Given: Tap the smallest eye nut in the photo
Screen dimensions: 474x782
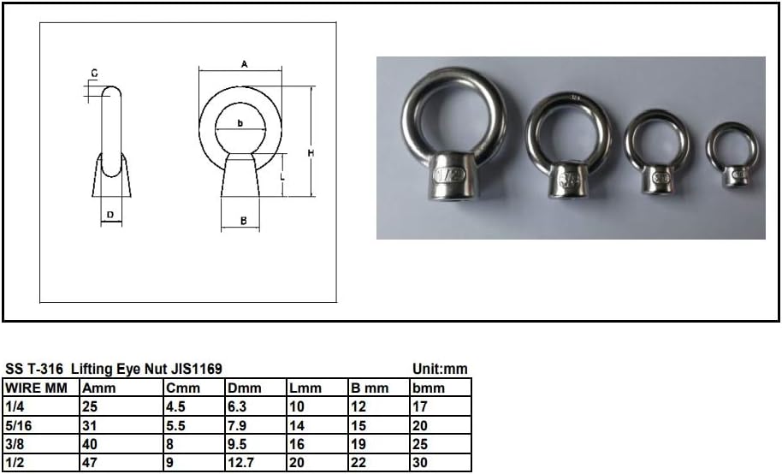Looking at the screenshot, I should click(x=733, y=155).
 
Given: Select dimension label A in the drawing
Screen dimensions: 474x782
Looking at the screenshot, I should click(x=244, y=64).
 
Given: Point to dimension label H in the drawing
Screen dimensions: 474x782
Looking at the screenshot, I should click(x=311, y=152).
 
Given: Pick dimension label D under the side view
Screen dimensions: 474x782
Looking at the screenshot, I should click(x=110, y=214).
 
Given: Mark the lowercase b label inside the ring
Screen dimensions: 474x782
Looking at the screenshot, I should click(x=240, y=123).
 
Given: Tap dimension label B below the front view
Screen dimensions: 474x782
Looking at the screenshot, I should click(x=244, y=221).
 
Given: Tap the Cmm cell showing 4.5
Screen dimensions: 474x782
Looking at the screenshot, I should click(x=176, y=407).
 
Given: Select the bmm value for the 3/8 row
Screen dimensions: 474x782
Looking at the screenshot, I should click(x=419, y=445).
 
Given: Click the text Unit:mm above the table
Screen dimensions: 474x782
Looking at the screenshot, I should click(x=440, y=369).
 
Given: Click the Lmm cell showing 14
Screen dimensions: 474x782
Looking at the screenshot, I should click(x=297, y=426).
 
